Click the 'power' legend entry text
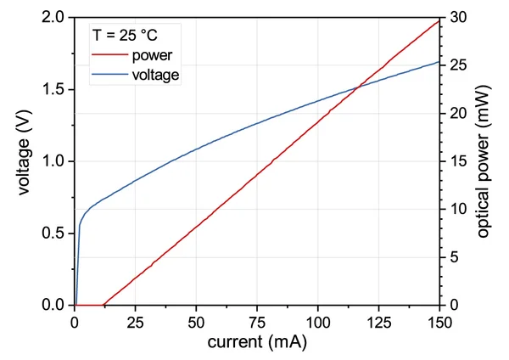click(153, 56)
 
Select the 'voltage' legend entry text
click(156, 75)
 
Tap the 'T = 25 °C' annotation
click(125, 36)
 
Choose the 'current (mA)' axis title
click(257, 342)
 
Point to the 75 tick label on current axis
click(257, 322)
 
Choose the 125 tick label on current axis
click(379, 322)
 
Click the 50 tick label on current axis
click(196, 322)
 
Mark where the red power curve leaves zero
click(103, 304)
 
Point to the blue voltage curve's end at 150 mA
click(439, 62)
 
